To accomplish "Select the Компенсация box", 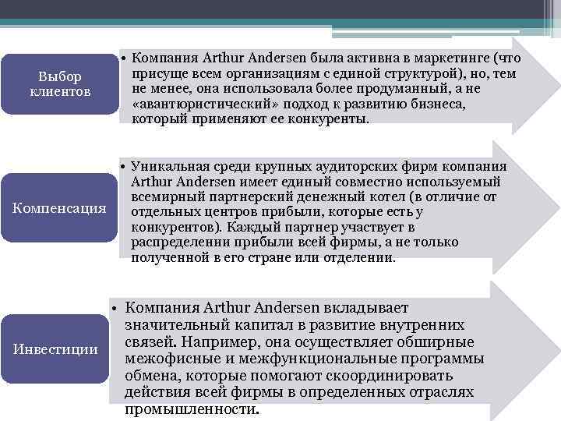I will click(x=60, y=209).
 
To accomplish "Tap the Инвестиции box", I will click(x=56, y=348).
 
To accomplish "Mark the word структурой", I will click(x=418, y=74).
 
